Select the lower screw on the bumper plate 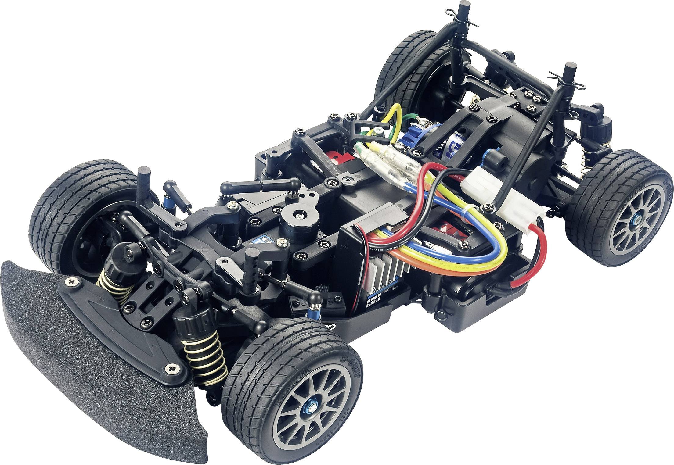pyautogui.click(x=171, y=369)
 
